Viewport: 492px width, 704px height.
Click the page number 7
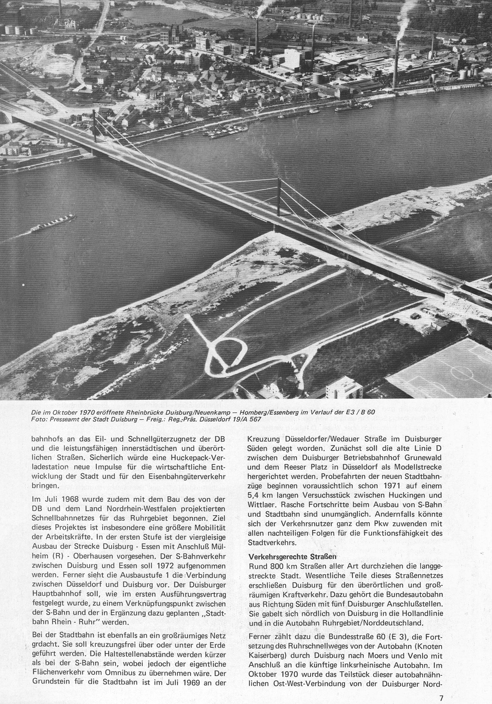441,695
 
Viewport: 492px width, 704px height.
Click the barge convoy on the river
53,222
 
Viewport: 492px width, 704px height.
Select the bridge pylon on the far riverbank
94,126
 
